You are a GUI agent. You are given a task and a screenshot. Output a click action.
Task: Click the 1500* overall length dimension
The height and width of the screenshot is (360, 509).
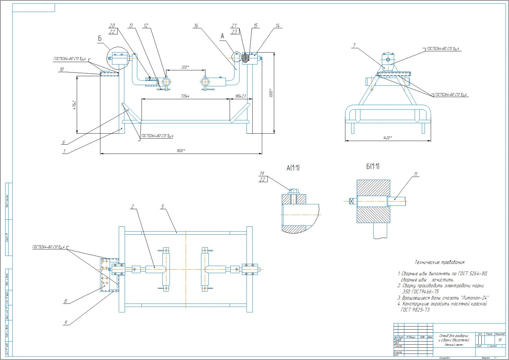click(x=181, y=151)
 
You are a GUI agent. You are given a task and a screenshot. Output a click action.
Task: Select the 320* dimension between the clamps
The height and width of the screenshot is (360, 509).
click(x=185, y=67)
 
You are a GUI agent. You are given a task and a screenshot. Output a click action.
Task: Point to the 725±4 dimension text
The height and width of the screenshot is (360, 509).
click(x=185, y=96)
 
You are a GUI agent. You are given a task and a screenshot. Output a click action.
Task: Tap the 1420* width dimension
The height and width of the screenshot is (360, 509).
click(x=388, y=138)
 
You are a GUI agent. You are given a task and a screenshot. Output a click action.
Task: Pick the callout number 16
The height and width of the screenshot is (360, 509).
click(x=196, y=26)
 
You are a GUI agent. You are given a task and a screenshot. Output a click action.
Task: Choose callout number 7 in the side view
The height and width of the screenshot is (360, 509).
click(x=354, y=45)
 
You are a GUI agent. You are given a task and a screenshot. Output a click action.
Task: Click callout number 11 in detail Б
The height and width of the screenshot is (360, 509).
click(x=416, y=174)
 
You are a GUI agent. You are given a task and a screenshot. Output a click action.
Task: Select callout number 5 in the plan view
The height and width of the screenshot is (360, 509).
click(x=162, y=207)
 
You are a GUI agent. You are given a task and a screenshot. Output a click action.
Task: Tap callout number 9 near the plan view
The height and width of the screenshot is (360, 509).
click(x=65, y=323)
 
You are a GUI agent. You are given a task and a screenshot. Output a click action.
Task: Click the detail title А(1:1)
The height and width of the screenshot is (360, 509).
click(x=293, y=168)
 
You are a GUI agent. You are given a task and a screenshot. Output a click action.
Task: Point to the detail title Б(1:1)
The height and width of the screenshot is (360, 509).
click(x=373, y=166)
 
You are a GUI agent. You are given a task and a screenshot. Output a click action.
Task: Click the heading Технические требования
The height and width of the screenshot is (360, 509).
click(x=439, y=262)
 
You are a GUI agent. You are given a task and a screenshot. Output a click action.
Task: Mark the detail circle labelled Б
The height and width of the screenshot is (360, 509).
click(x=117, y=58)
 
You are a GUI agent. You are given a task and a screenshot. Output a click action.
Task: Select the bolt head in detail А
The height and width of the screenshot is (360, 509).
click(x=294, y=191)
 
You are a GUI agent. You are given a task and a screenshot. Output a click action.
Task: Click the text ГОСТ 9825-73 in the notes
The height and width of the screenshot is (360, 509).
click(x=415, y=310)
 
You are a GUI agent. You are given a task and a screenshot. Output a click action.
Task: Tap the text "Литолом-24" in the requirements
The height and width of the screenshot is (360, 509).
click(x=475, y=298)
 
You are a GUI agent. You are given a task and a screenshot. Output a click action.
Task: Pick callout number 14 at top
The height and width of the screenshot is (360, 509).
click(x=278, y=26)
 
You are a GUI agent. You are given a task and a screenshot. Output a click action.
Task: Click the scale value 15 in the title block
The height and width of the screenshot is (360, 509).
click(x=500, y=340)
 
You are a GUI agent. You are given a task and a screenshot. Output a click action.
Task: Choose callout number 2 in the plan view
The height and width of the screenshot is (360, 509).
click(x=132, y=207)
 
